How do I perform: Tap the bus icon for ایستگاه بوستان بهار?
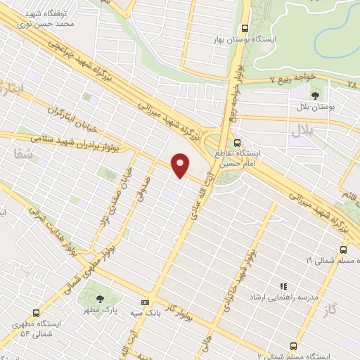point(244,28)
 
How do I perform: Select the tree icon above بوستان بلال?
point(314,94)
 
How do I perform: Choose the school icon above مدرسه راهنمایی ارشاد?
point(285,286)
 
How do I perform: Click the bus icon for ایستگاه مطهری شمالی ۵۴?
point(36,312)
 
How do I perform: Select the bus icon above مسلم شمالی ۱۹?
point(343,249)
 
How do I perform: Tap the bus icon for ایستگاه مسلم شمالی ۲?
point(294,345)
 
